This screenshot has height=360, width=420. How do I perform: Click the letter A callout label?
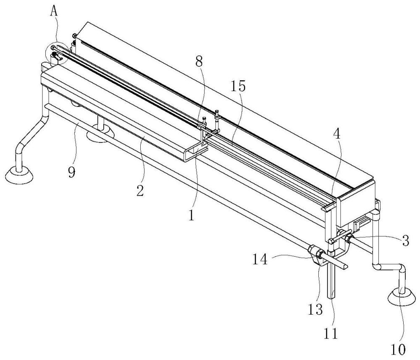(x=54, y=12)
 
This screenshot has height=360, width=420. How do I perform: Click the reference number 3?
(x=406, y=240)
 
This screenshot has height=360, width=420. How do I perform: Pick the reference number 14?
(x=260, y=259)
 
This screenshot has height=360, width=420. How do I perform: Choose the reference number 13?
(x=315, y=310)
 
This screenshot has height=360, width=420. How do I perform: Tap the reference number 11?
(x=331, y=334)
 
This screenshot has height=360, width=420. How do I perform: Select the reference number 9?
(x=72, y=172)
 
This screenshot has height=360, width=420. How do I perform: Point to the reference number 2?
(x=140, y=191)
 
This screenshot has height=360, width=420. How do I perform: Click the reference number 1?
(x=191, y=215)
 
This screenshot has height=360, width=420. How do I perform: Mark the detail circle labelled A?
(x=57, y=53)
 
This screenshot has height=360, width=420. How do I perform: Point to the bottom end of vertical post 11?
(x=332, y=297)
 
